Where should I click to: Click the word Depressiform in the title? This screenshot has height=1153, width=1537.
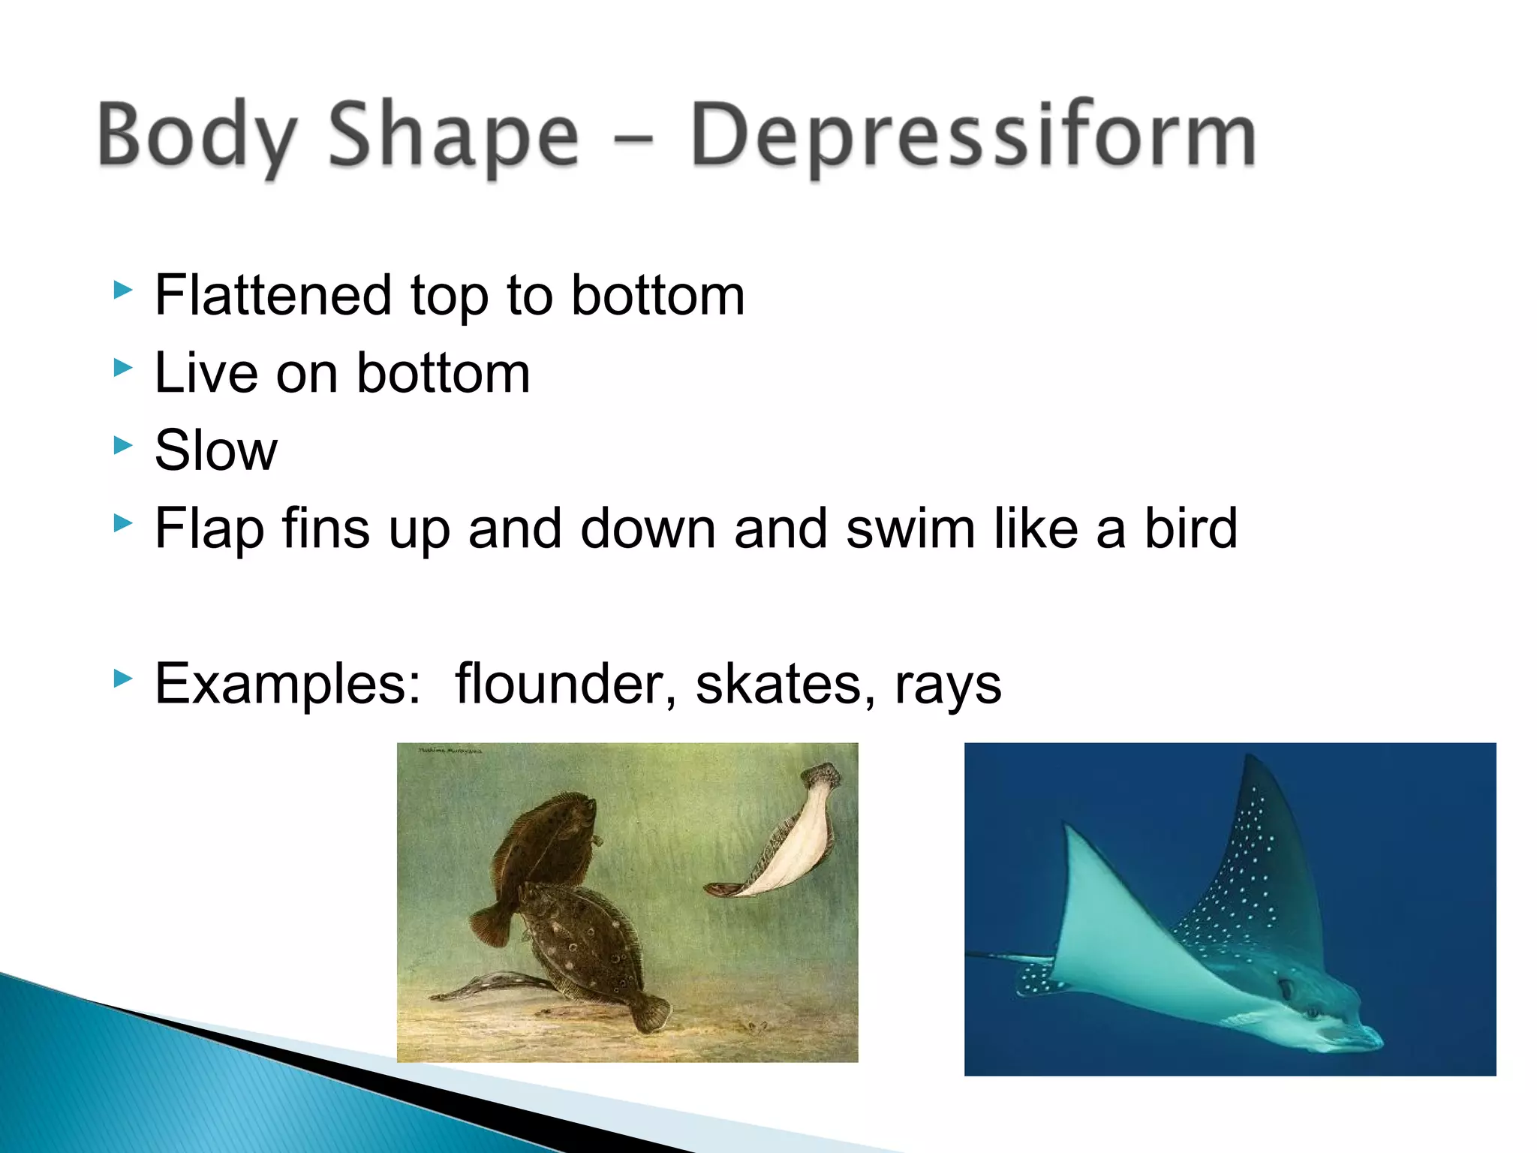point(973,135)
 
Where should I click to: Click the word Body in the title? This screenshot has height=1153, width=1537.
point(197,135)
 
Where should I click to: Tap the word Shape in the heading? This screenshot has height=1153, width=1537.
point(453,135)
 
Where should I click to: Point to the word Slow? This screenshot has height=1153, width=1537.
point(216,450)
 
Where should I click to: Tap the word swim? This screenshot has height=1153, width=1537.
point(911,528)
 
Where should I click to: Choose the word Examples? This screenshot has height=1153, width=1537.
point(287,684)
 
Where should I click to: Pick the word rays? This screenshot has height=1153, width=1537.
point(948,685)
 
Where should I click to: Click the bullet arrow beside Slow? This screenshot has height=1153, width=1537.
point(123,445)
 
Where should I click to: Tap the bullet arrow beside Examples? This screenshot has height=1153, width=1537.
point(123,679)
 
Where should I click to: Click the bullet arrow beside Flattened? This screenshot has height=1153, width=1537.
point(123,290)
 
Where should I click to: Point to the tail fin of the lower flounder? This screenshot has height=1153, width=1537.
point(649,1013)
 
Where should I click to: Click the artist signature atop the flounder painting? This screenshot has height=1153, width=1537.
point(450,750)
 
